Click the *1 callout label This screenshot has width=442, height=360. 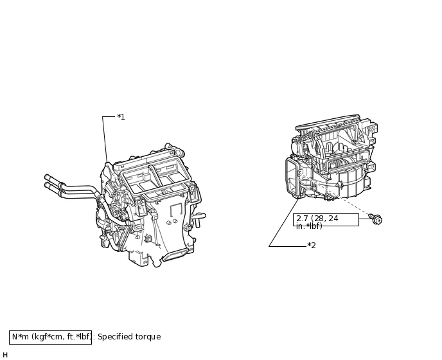click(x=121, y=117)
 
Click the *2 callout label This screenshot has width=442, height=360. click(x=312, y=246)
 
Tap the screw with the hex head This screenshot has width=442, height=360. click(x=376, y=219)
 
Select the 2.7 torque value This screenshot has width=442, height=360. click(x=302, y=219)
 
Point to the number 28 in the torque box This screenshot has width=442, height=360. click(x=319, y=219)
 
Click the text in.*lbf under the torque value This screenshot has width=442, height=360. click(x=309, y=226)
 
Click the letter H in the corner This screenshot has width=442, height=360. click(x=5, y=355)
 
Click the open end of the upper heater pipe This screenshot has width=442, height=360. click(x=46, y=177)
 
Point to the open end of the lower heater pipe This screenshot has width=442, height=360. click(x=46, y=184)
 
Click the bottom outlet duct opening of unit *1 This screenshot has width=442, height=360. click(x=175, y=254)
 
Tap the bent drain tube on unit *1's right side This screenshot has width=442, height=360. click(x=199, y=218)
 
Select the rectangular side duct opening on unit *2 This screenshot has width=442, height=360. click(x=292, y=177)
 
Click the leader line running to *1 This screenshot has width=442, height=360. click(x=105, y=139)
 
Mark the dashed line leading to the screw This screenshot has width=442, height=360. click(x=335, y=195)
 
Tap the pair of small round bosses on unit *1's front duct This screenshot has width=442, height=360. click(x=172, y=222)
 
